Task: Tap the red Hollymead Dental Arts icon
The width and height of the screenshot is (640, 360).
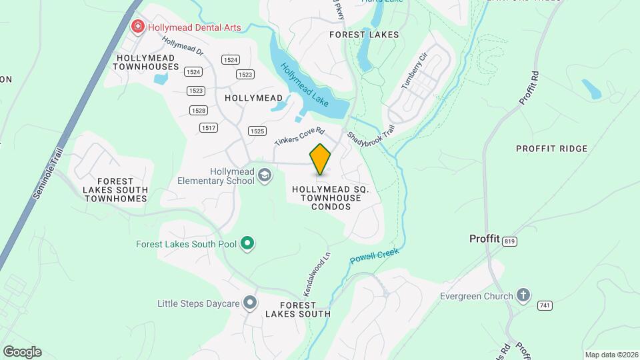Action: pyautogui.click(x=138, y=27)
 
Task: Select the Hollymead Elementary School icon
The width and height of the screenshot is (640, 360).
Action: pyautogui.click(x=265, y=176)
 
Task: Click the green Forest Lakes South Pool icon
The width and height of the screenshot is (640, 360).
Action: pyautogui.click(x=247, y=244)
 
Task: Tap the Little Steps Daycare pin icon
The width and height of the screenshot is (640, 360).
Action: pyautogui.click(x=250, y=303)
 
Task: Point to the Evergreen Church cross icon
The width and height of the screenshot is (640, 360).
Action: pyautogui.click(x=524, y=295)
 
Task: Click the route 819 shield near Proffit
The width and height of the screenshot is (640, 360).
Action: pyautogui.click(x=511, y=241)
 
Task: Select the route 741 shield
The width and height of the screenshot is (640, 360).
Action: pyautogui.click(x=545, y=305)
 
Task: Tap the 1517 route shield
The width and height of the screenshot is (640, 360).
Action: pyautogui.click(x=208, y=127)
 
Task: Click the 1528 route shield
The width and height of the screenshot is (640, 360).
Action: pyautogui.click(x=198, y=110)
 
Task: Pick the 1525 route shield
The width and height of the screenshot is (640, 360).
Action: pyautogui.click(x=257, y=131)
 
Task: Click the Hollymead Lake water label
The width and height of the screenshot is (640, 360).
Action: pyautogui.click(x=305, y=85)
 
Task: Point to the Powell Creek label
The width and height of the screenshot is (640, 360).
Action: pyautogui.click(x=374, y=257)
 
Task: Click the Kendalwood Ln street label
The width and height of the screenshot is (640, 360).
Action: pyautogui.click(x=317, y=274)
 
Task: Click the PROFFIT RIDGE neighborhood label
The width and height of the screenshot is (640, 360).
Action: pyautogui.click(x=552, y=149)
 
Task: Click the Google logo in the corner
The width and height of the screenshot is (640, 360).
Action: pyautogui.click(x=22, y=352)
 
